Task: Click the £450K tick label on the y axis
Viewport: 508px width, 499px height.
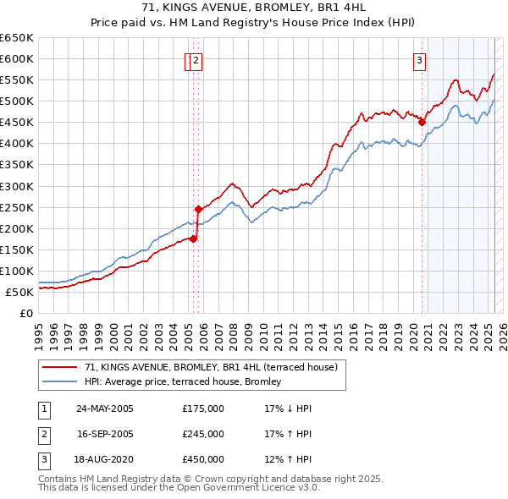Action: (x=17, y=122)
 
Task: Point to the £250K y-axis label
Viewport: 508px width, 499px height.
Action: (x=17, y=207)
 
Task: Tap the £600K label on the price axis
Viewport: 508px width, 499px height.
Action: (x=17, y=58)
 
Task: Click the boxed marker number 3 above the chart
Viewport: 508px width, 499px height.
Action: (x=419, y=59)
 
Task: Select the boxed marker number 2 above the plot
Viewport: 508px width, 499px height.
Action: (x=196, y=59)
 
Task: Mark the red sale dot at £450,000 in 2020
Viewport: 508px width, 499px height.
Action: (x=421, y=122)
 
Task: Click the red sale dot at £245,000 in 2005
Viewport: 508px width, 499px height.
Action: (x=198, y=208)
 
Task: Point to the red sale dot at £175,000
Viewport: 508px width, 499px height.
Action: (x=193, y=239)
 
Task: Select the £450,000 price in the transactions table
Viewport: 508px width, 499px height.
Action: (x=203, y=460)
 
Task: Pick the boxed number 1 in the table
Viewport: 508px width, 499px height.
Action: (x=43, y=409)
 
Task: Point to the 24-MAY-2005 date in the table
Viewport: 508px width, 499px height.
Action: (x=105, y=409)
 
